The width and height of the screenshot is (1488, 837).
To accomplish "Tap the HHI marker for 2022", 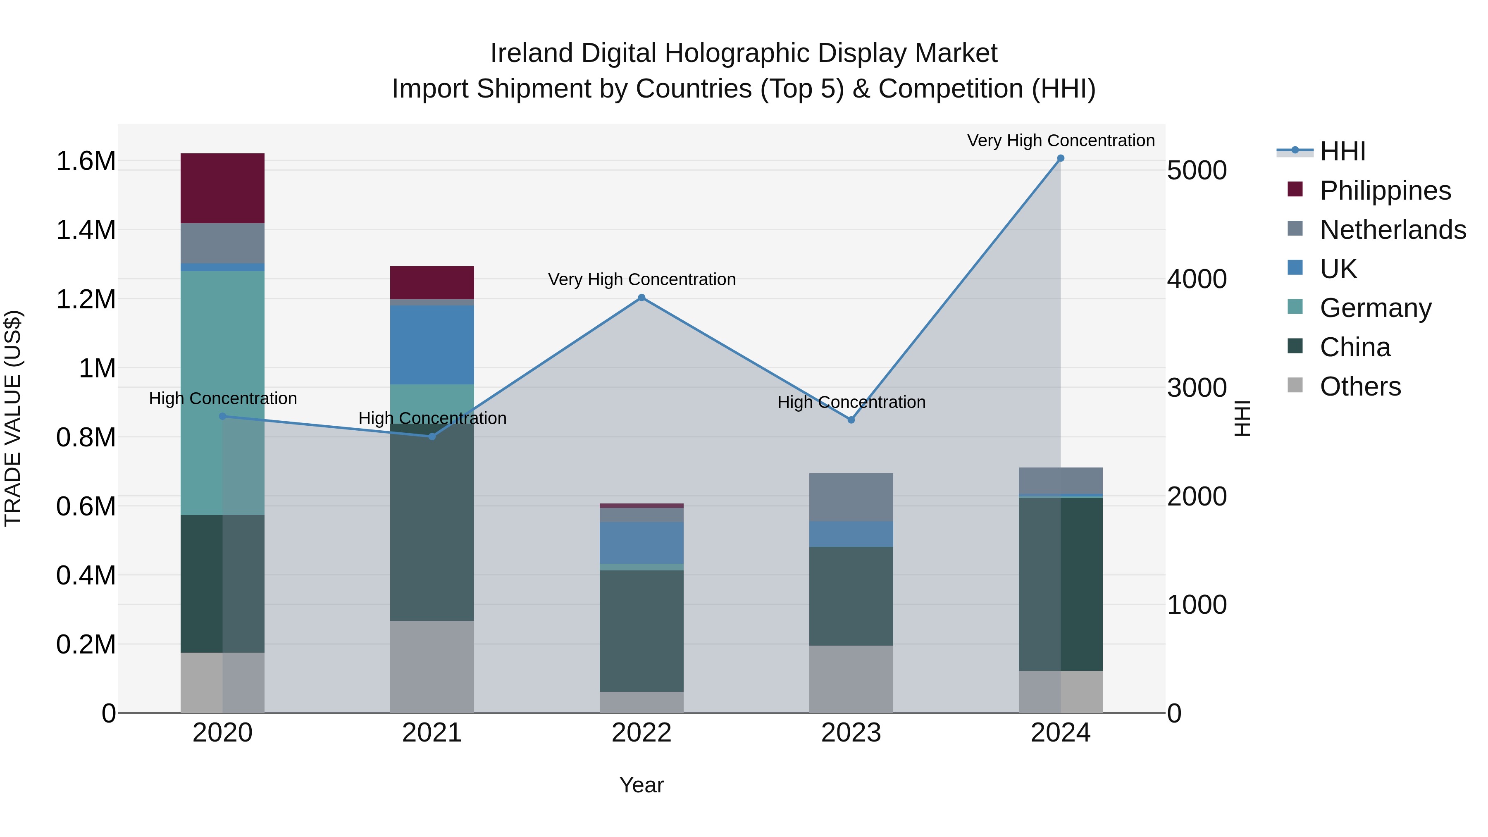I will tap(641, 298).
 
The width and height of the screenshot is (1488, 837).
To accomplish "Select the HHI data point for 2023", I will tap(851, 420).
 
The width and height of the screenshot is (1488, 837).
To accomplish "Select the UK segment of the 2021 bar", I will tap(432, 345).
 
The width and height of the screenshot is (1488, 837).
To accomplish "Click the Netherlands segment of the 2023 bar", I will tap(851, 497).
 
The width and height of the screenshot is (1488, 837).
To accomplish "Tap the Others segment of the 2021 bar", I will tap(432, 667).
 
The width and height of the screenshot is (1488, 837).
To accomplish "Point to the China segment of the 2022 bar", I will tap(641, 631).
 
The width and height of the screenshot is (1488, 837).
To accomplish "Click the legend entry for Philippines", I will tap(1385, 191).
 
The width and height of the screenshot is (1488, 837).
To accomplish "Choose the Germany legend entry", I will tap(1375, 308).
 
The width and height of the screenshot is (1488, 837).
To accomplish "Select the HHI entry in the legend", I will tap(1343, 151).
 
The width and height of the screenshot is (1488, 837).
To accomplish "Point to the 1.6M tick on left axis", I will tap(86, 161).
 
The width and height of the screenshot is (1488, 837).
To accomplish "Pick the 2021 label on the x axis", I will tap(432, 733).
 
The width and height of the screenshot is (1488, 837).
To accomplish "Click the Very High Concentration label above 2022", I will tap(641, 279).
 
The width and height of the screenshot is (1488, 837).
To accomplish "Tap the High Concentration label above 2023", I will tap(851, 402).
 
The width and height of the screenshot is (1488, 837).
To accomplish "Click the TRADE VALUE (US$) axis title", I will tap(13, 418).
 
